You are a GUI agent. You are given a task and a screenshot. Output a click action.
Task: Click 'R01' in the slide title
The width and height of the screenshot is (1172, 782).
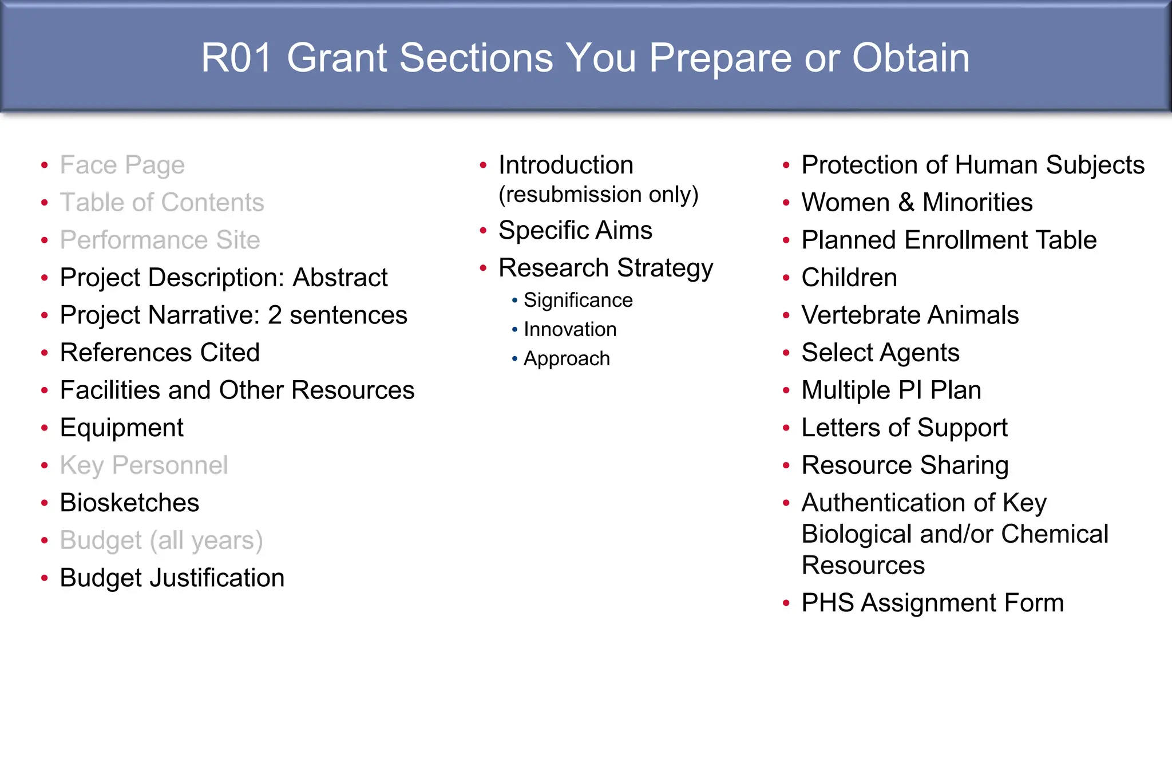click(x=236, y=58)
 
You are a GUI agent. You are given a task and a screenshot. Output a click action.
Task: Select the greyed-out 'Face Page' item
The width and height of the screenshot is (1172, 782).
click(x=122, y=165)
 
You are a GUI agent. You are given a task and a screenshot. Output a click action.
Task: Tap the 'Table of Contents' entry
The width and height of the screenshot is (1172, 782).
click(x=162, y=203)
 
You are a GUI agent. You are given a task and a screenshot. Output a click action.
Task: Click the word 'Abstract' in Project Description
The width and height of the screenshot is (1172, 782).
click(x=340, y=278)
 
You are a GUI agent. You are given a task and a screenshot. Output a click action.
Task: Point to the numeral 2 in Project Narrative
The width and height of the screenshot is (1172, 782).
click(x=275, y=315)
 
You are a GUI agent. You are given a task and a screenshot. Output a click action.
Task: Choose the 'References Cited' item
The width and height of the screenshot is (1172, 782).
click(x=160, y=353)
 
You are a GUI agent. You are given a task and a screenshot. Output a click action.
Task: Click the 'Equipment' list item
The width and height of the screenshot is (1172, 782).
click(x=121, y=428)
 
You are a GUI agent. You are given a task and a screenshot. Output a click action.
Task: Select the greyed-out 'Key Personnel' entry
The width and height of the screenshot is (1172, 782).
click(x=144, y=465)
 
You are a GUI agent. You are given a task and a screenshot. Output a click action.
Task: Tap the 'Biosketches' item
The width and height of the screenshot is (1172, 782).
click(x=129, y=503)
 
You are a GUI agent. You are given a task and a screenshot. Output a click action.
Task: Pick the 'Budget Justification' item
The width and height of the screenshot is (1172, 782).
click(x=172, y=578)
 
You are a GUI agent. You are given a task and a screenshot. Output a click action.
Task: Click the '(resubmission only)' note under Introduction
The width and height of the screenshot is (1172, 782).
click(x=598, y=195)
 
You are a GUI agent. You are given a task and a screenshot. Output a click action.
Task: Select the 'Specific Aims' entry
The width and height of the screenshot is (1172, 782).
click(x=575, y=231)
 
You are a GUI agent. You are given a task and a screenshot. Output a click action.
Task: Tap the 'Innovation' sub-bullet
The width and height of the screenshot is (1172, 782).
click(x=570, y=330)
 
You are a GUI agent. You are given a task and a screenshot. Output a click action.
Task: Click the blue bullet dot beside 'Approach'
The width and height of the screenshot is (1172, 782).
click(x=514, y=359)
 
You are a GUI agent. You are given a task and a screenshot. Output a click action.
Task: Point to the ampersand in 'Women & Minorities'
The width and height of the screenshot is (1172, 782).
click(x=906, y=203)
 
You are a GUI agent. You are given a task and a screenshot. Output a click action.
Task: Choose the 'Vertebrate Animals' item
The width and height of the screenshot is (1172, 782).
click(x=910, y=315)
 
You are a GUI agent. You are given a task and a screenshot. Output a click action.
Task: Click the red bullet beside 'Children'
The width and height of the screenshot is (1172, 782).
click(x=786, y=278)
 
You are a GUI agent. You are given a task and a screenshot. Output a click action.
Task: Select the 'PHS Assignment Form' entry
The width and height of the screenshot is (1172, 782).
click(x=932, y=603)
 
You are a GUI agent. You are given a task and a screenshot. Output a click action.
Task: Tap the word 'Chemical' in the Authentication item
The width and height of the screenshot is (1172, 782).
click(x=1054, y=534)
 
